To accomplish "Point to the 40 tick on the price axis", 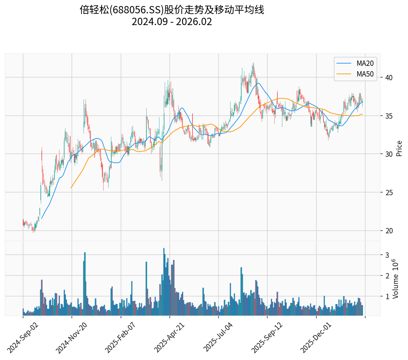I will pyautogui.click(x=389, y=78).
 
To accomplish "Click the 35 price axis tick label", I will pyautogui.click(x=389, y=116).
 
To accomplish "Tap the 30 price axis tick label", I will pyautogui.click(x=389, y=154).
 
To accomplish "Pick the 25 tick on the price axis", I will pyautogui.click(x=389, y=193).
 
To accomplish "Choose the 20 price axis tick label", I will pyautogui.click(x=389, y=231).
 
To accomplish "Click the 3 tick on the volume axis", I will pyautogui.click(x=387, y=255).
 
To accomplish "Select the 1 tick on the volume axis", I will pyautogui.click(x=387, y=296).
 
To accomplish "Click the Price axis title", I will pyautogui.click(x=399, y=148).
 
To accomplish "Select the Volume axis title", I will pyautogui.click(x=396, y=279).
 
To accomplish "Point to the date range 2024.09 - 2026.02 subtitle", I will pyautogui.click(x=172, y=22).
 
